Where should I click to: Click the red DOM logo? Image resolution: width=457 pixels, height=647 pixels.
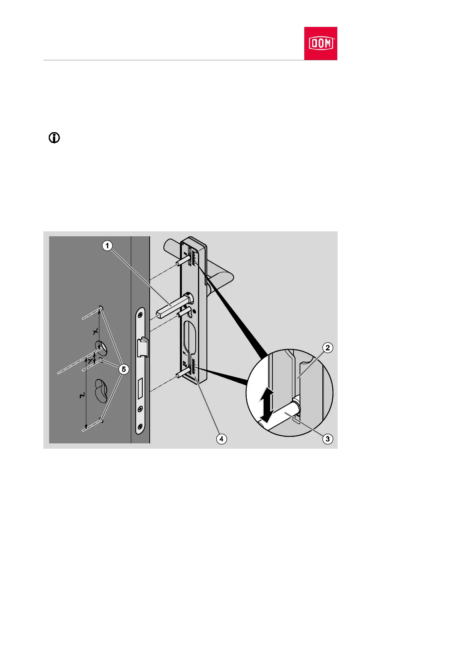320,43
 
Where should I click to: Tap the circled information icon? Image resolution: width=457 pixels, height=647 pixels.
54,138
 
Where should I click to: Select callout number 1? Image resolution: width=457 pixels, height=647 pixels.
107,246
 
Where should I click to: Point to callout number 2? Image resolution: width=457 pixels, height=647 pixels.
327,348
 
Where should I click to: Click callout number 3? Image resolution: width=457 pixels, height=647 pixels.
327,439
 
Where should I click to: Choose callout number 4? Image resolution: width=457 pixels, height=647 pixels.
221,439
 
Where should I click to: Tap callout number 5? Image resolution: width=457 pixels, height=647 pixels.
124,369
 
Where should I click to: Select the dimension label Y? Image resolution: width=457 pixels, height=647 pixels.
91,361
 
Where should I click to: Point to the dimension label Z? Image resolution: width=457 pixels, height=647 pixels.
82,396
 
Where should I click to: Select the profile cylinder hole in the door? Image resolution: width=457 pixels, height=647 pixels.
101,390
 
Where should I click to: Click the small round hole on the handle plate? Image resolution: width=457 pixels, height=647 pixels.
195,311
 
